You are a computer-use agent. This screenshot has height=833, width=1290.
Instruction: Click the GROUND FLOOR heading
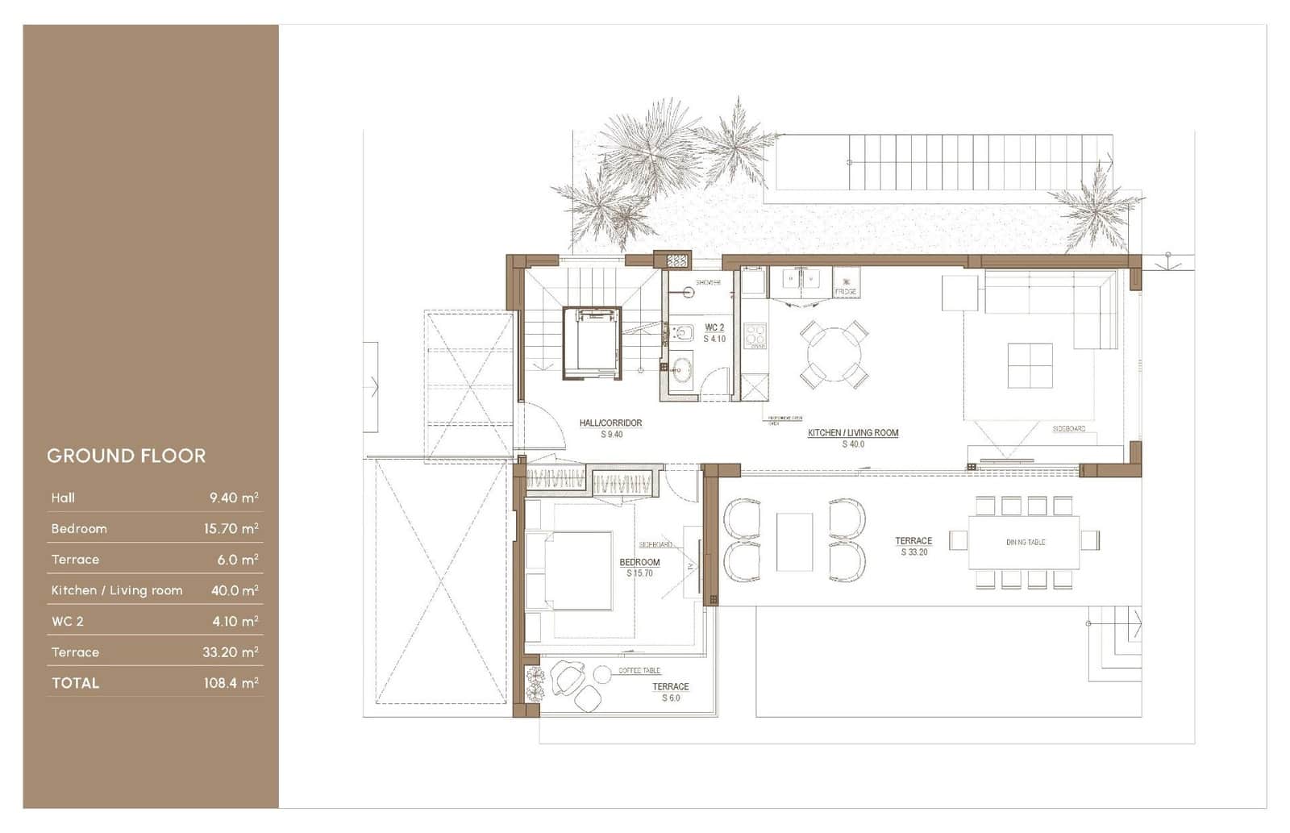pyautogui.click(x=127, y=456)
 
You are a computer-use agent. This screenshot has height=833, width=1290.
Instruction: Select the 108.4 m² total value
pyautogui.click(x=231, y=683)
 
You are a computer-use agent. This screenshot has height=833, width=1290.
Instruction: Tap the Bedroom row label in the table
pyautogui.click(x=79, y=529)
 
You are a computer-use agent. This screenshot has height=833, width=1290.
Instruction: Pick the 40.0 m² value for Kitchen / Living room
pyautogui.click(x=234, y=590)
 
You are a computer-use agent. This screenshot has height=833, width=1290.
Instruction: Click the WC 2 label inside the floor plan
pyautogui.click(x=714, y=328)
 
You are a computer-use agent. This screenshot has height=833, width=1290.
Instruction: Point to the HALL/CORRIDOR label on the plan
pyautogui.click(x=610, y=423)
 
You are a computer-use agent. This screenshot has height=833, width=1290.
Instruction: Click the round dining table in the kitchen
pyautogui.click(x=834, y=355)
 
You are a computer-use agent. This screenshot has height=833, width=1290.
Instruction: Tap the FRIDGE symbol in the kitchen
pyautogui.click(x=846, y=284)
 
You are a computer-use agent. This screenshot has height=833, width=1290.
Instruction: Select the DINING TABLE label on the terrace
pyautogui.click(x=1025, y=542)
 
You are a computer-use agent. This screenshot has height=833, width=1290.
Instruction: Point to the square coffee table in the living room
pyautogui.click(x=1030, y=365)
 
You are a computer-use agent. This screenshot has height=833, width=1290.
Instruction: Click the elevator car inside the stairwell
pyautogui.click(x=593, y=342)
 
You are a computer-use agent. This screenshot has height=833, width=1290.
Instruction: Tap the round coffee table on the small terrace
pyautogui.click(x=602, y=674)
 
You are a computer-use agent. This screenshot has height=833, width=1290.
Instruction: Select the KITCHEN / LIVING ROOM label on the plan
pyautogui.click(x=853, y=433)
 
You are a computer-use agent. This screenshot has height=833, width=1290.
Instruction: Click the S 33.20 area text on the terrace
pyautogui.click(x=914, y=552)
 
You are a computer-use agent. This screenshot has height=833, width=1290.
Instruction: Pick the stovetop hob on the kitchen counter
pyautogui.click(x=755, y=335)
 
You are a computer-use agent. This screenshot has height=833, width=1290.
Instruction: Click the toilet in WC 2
pyautogui.click(x=681, y=333)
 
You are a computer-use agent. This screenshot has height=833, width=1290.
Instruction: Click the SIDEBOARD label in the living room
pyautogui.click(x=1069, y=429)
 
